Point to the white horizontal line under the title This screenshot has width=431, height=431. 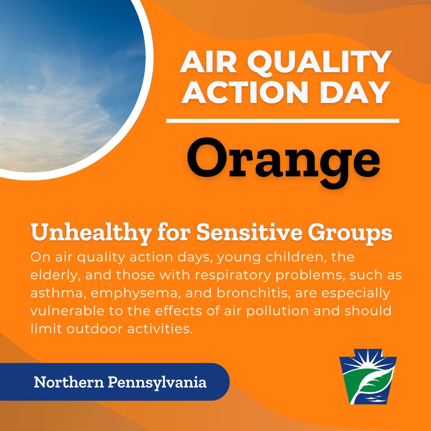pos(283,121)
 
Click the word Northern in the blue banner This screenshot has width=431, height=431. pos(68,383)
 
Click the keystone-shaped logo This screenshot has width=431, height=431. pos(368,379)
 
